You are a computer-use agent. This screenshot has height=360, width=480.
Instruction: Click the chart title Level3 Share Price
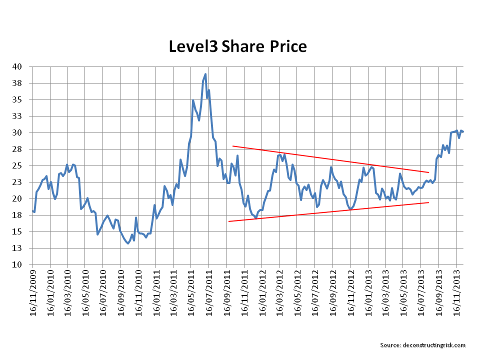[237, 46]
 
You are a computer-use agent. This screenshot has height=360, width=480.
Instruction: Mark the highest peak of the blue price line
[205, 74]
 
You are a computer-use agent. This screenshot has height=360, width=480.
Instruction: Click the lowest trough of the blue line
[128, 243]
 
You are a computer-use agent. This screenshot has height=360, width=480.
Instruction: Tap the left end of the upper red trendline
[232, 146]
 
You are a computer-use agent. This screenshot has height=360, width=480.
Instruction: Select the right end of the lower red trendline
[428, 202]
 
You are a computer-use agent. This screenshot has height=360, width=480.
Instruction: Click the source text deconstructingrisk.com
[422, 345]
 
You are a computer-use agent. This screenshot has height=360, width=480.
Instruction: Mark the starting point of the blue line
[32, 210]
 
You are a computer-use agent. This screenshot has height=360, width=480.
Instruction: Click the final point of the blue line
[463, 131]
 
